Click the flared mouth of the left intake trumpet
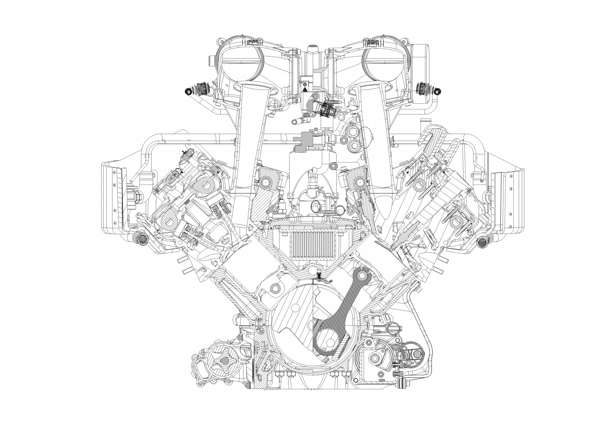click(x=255, y=89)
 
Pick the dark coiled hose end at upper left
click(x=187, y=90)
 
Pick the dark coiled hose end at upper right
click(x=437, y=90)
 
